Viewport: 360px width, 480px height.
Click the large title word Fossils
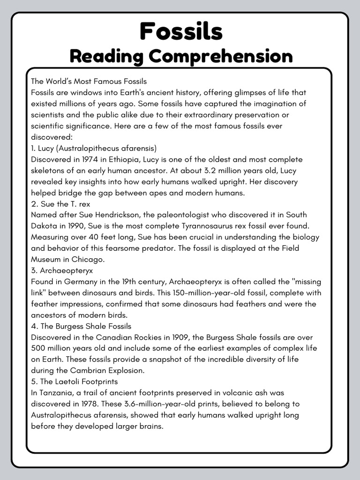click(x=180, y=32)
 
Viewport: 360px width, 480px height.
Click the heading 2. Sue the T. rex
click(x=60, y=204)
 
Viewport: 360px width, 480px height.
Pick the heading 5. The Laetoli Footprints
click(x=74, y=382)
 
